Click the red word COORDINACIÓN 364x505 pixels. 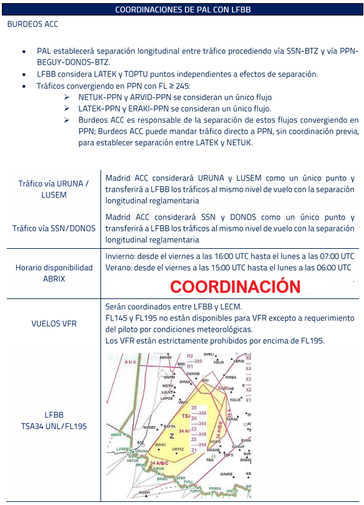click(x=235, y=287)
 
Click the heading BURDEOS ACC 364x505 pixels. click(x=32, y=24)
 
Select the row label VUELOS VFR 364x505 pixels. click(x=54, y=324)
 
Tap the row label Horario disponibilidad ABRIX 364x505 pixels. click(x=54, y=273)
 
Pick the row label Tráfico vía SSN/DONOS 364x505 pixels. click(x=54, y=228)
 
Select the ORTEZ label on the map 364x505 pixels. click(x=178, y=449)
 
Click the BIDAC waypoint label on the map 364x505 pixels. click(x=161, y=445)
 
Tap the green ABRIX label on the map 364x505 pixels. click(x=117, y=435)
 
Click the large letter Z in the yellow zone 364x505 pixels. click(x=172, y=436)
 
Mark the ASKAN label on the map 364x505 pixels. click(x=166, y=358)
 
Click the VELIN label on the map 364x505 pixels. click(x=219, y=362)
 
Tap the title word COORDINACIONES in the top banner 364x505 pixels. click(x=148, y=10)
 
